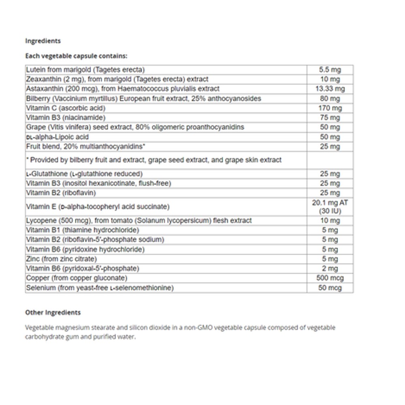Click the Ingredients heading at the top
(x=43, y=41)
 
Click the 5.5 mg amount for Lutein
(x=330, y=70)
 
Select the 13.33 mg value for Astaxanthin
(x=330, y=89)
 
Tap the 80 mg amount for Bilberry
(x=330, y=98)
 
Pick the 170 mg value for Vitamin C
(x=330, y=108)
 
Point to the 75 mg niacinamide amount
(x=330, y=117)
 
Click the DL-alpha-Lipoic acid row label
(x=57, y=137)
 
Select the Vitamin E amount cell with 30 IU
(x=330, y=207)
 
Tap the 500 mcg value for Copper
(x=330, y=278)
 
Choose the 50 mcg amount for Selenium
(x=330, y=288)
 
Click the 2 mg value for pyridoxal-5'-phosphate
(x=330, y=269)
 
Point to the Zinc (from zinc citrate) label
(x=61, y=259)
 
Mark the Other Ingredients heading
(x=53, y=312)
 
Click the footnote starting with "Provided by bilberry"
(x=153, y=160)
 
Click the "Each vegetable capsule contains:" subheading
(x=76, y=56)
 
